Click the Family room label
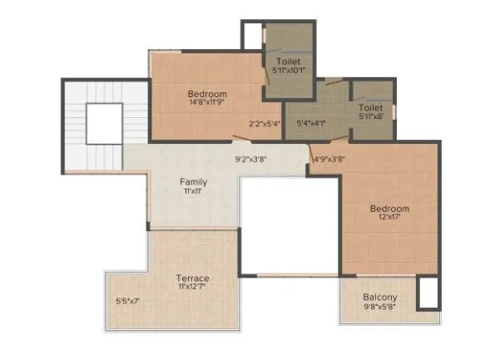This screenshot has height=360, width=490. point(193,181)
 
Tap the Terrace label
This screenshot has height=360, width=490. point(192,278)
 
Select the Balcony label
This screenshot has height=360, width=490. point(379,298)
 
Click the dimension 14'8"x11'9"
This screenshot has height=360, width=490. point(206,104)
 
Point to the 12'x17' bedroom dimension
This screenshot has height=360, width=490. point(389,218)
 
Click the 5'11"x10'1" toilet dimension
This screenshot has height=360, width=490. point(289,71)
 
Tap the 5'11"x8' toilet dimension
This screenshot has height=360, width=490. point(370,117)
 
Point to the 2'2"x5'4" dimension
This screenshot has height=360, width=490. point(265,124)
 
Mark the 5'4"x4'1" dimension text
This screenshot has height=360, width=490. point(312,124)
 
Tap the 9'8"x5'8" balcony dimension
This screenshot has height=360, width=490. point(379,308)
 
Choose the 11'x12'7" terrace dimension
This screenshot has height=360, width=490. point(192,288)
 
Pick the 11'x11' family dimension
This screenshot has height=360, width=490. point(193,191)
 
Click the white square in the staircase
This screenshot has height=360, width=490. point(104,124)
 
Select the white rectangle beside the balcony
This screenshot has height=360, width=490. point(428,293)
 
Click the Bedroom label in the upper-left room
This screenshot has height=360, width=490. point(207,94)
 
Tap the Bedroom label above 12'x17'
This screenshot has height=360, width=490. point(389,208)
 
